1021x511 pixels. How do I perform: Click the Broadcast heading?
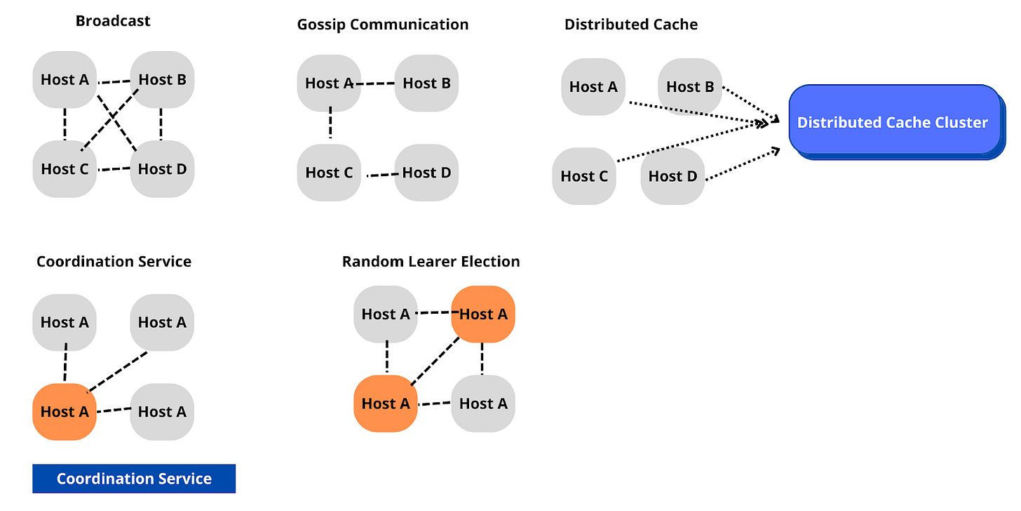pyautogui.click(x=113, y=20)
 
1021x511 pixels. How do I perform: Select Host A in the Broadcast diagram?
pyautogui.click(x=65, y=79)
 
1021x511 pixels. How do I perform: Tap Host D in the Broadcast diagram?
pyautogui.click(x=162, y=168)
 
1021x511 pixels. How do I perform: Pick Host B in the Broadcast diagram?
pyautogui.click(x=162, y=79)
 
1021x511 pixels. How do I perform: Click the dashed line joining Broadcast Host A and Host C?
pyautogui.click(x=65, y=124)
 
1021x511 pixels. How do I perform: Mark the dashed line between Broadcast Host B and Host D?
pyautogui.click(x=161, y=124)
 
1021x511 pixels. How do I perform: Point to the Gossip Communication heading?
pyautogui.click(x=382, y=25)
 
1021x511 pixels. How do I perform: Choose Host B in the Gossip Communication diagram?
pyautogui.click(x=426, y=84)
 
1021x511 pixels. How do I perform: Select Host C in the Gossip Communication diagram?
pyautogui.click(x=329, y=173)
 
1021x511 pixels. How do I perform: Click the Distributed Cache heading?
pyautogui.click(x=631, y=25)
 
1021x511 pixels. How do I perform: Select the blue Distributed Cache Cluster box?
pyautogui.click(x=894, y=121)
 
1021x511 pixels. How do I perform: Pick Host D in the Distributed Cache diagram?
pyautogui.click(x=672, y=176)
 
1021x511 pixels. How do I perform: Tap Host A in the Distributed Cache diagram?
pyautogui.click(x=593, y=87)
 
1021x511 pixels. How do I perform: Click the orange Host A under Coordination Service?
pyautogui.click(x=65, y=412)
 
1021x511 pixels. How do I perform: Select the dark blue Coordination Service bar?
pyautogui.click(x=134, y=479)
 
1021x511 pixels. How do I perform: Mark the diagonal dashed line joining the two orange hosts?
pyautogui.click(x=435, y=360)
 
